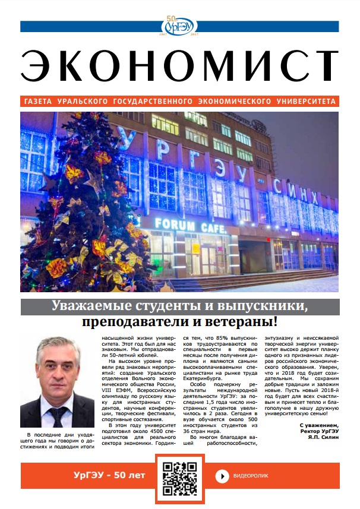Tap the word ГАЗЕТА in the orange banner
coord(39,102)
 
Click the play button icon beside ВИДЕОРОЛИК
coord(222,476)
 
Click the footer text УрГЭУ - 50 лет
coord(99,476)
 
